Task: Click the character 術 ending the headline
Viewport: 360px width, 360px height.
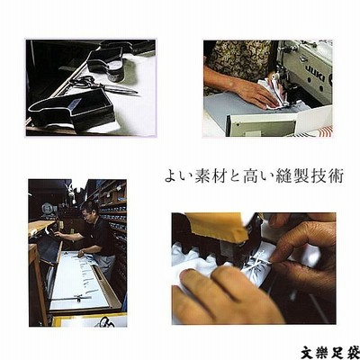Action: coord(336,176)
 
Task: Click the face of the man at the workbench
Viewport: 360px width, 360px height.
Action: coord(86,213)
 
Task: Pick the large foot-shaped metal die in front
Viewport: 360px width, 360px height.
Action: coord(72,109)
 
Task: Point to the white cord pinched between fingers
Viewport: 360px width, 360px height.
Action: coord(258,262)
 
